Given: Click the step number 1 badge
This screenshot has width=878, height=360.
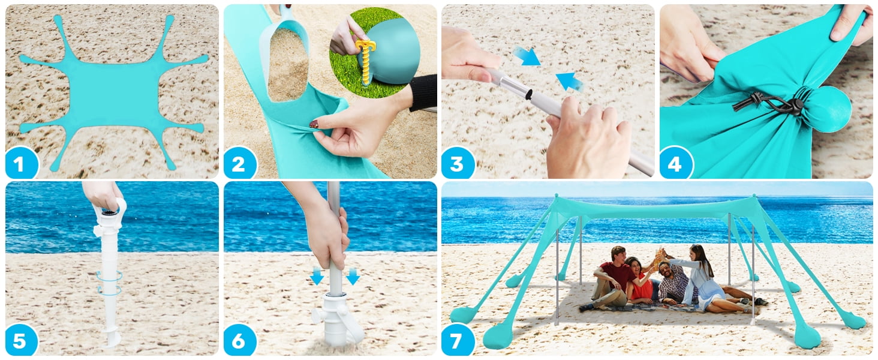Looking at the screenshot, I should pyautogui.click(x=20, y=163).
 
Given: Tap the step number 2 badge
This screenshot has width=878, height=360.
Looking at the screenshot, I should pyautogui.click(x=239, y=163).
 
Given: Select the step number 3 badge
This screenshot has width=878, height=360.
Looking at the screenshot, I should pyautogui.click(x=457, y=163).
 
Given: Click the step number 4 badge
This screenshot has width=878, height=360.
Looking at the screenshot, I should pyautogui.click(x=675, y=163).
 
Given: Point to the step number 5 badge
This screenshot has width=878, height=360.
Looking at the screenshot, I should pyautogui.click(x=20, y=341).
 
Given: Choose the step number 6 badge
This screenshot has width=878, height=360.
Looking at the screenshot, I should pyautogui.click(x=239, y=341).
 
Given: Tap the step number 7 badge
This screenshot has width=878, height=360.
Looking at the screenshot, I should pyautogui.click(x=457, y=341).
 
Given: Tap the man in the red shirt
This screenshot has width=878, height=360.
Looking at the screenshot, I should pyautogui.click(x=612, y=279).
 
